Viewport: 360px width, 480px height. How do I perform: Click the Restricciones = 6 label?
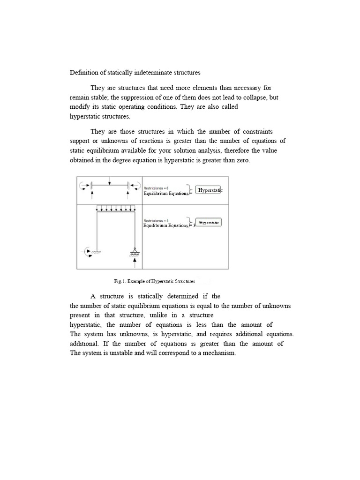tap(156, 188)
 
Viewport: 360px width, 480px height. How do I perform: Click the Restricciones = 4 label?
tap(156, 220)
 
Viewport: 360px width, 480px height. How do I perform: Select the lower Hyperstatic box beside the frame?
tap(209, 223)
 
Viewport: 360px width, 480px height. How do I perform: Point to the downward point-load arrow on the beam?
tap(110, 181)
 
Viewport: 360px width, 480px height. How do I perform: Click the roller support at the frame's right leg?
tap(135, 252)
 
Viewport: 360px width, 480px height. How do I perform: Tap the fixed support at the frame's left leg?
tap(97, 252)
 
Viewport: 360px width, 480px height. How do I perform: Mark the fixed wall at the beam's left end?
tap(92, 186)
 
